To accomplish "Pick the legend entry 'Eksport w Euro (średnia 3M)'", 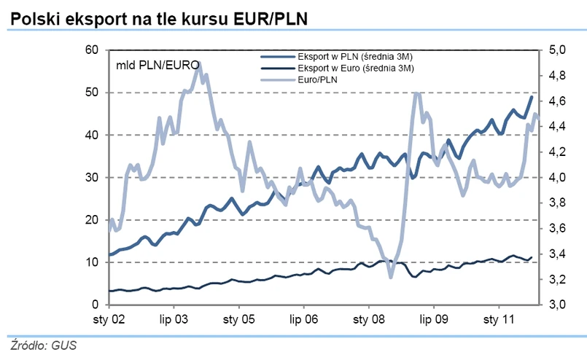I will [x=357, y=69].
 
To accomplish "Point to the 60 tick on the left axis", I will [x=91, y=50].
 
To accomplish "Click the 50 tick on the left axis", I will [x=91, y=93].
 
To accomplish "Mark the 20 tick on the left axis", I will [x=91, y=220].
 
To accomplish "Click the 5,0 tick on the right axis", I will [x=557, y=50].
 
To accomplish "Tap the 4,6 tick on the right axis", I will [x=557, y=101].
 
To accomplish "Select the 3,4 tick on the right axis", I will [x=557, y=254].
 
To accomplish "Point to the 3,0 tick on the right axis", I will [x=557, y=305].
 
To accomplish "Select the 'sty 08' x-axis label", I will [x=368, y=320].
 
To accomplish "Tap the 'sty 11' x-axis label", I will [x=498, y=320].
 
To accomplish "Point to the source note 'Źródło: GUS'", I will [x=43, y=345].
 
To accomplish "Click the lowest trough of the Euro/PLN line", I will [x=391, y=277].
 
